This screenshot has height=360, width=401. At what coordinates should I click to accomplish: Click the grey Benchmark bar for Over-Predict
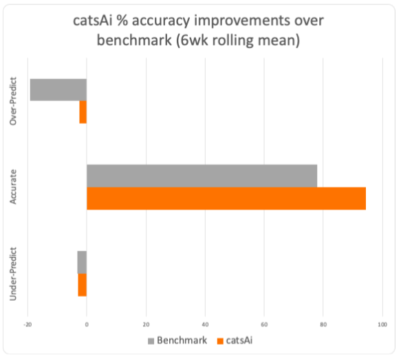(x=58, y=89)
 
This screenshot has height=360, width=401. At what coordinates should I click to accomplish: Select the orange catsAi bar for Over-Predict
(x=83, y=112)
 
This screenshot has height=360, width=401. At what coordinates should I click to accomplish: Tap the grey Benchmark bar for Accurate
(x=202, y=176)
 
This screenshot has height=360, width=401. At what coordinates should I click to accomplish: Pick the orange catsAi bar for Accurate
(x=226, y=198)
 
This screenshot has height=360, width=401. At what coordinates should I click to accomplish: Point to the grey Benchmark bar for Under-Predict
(x=82, y=262)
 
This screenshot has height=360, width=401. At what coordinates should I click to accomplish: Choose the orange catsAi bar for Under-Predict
(x=82, y=285)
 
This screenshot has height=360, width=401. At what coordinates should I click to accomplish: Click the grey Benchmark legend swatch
(x=151, y=340)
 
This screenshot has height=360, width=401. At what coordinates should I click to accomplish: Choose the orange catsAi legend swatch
(x=220, y=340)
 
